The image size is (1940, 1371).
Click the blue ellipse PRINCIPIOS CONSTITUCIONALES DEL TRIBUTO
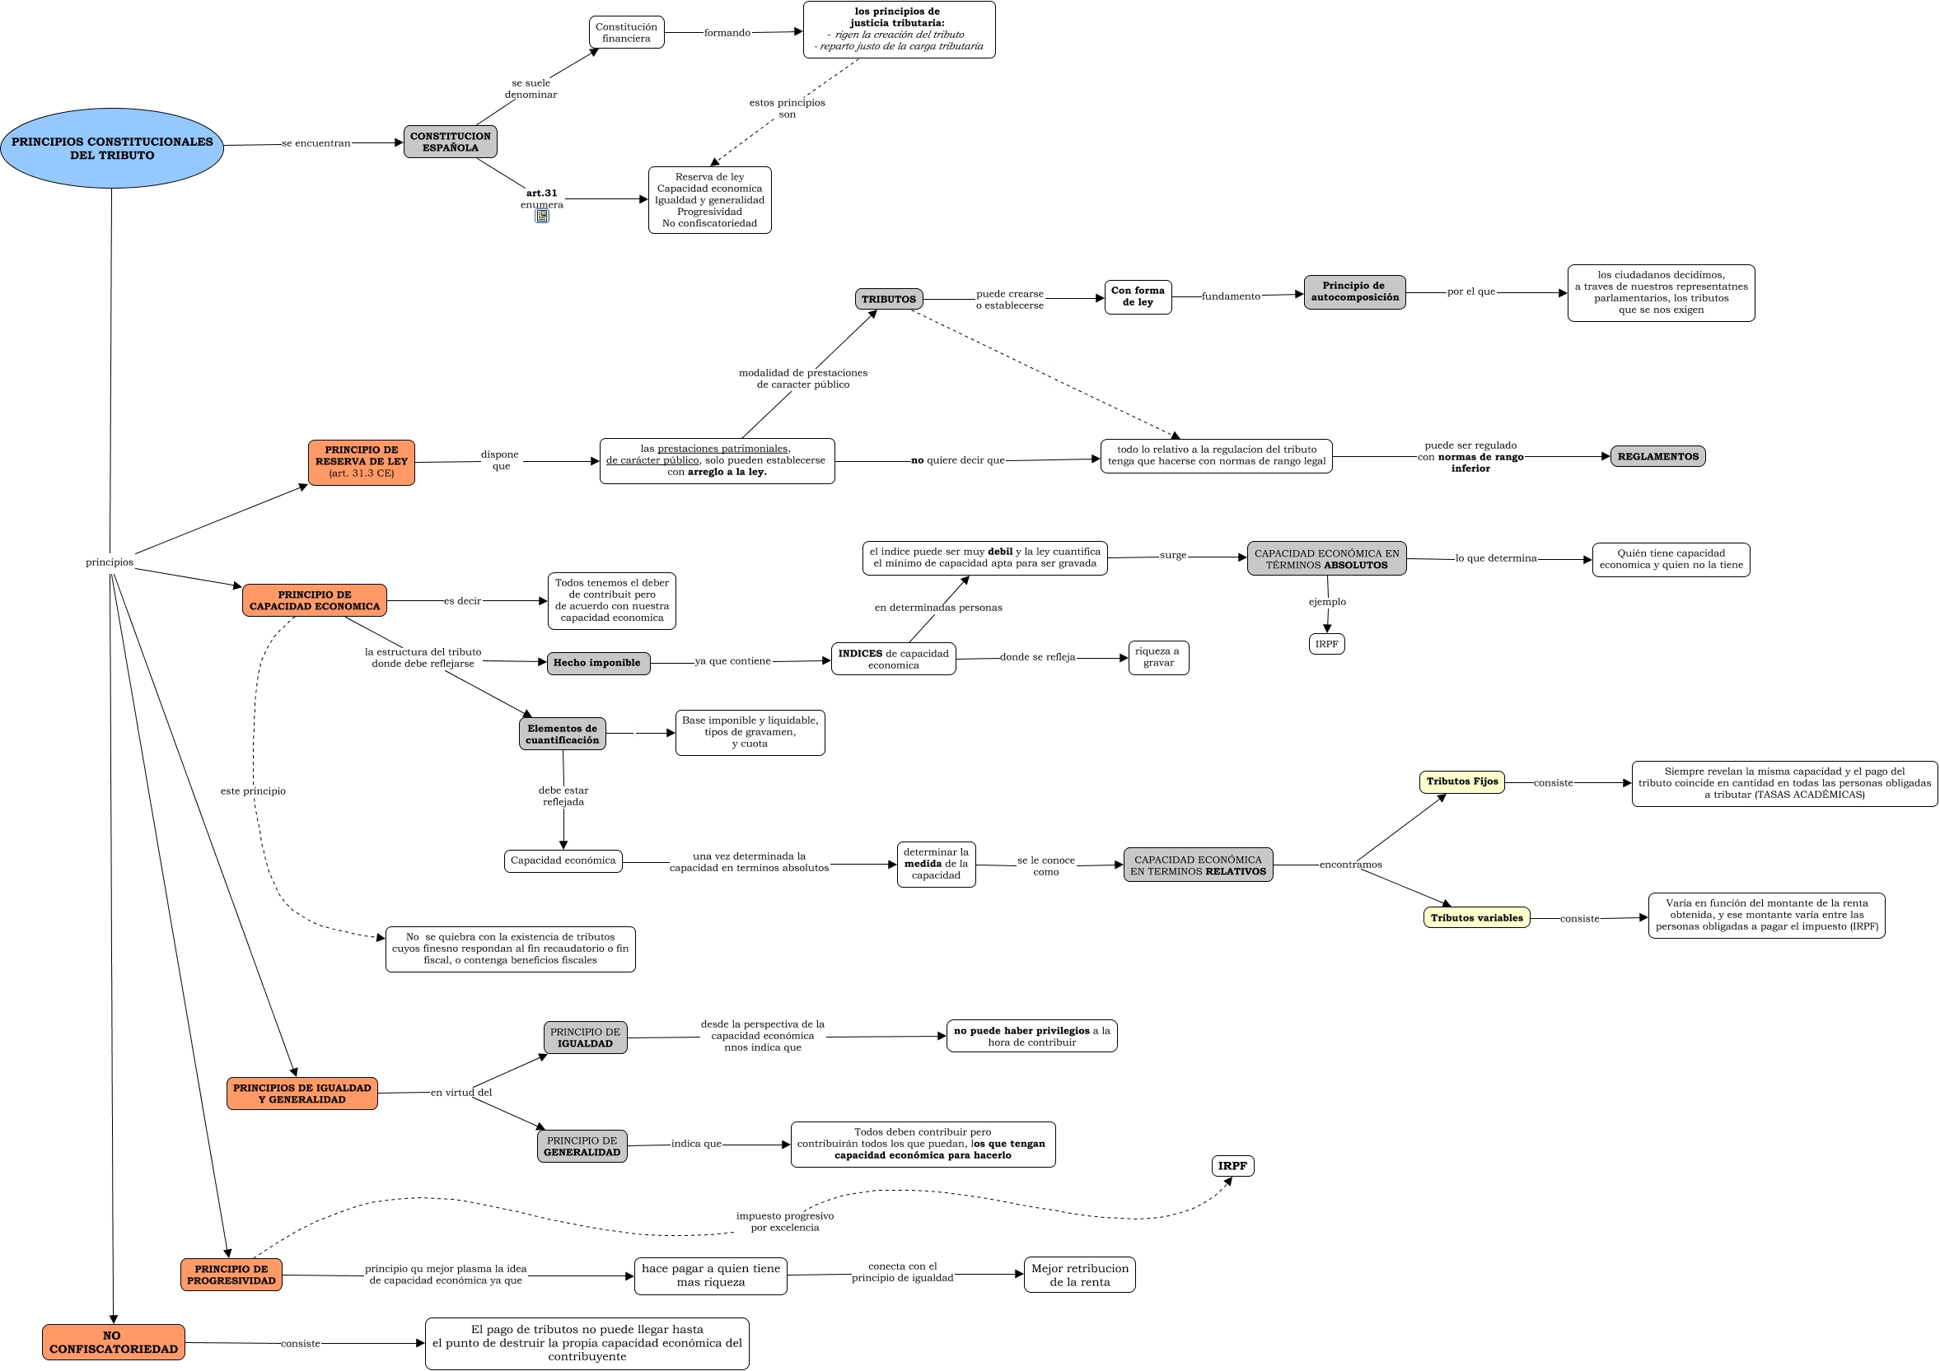pos(111,149)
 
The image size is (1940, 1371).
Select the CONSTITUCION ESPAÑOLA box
pos(450,142)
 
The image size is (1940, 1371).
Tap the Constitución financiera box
pos(626,33)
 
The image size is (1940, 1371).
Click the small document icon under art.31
pos(541,217)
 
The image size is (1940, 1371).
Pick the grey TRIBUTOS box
pos(888,299)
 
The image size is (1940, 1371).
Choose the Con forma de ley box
pos(1138,296)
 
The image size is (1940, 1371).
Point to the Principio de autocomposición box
pos(1353,292)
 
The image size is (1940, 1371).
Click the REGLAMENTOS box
pos(1657,457)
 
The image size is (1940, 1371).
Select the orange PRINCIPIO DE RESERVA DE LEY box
pos(361,462)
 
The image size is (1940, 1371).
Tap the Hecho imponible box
pos(597,663)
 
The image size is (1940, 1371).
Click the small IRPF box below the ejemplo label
pos(1326,645)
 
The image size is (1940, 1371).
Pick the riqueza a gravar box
pos(1157,657)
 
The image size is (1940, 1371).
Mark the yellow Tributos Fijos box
pos(1461,782)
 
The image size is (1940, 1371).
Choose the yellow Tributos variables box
pos(1476,918)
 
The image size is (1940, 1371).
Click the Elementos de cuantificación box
pos(562,734)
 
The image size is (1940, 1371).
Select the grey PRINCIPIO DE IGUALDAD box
pos(585,1038)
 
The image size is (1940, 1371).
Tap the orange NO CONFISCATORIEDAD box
pos(113,1342)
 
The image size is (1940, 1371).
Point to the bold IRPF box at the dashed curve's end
pos(1232,1167)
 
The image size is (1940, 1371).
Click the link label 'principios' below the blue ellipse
pos(109,562)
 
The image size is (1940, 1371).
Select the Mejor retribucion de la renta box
pos(1079,1275)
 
